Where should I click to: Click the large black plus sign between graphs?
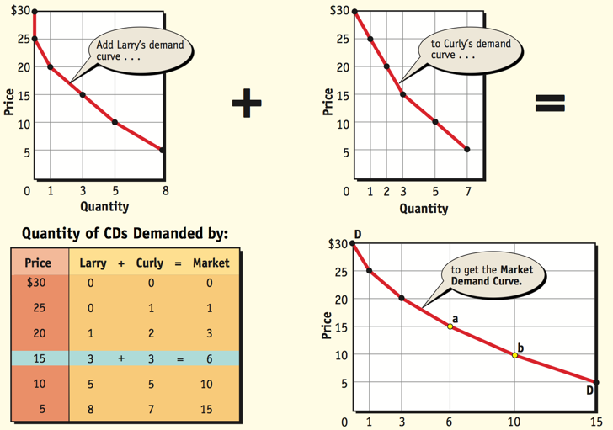(x=247, y=104)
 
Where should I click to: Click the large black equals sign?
(x=550, y=104)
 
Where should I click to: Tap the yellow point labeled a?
(x=450, y=326)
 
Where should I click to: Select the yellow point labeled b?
(x=515, y=355)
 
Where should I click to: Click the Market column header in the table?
(x=211, y=263)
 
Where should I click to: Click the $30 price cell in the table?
(x=38, y=283)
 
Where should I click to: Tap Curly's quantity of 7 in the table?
(x=151, y=410)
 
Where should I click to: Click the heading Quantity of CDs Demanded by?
(x=125, y=232)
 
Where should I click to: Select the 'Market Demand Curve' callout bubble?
(x=493, y=276)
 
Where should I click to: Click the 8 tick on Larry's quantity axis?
(x=165, y=191)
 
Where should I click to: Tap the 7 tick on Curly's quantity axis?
(x=468, y=191)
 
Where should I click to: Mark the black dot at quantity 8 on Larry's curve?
(x=162, y=151)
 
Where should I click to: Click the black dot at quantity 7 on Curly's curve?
(x=467, y=150)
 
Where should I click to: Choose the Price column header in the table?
(x=38, y=263)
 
